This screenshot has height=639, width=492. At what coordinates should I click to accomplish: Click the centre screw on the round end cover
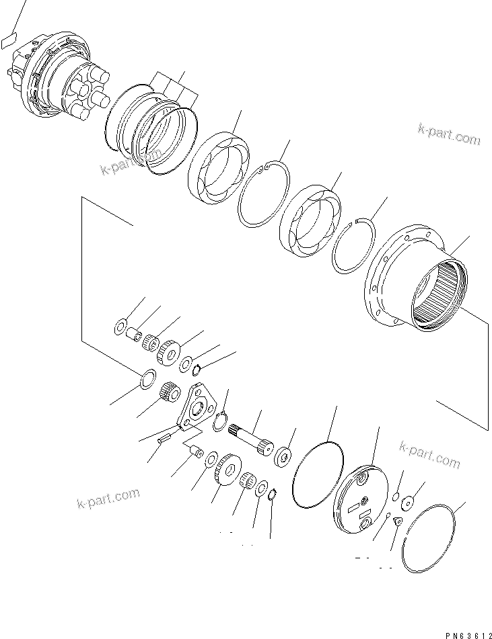tap(364, 499)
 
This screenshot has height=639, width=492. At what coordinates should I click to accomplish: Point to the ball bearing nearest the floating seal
tap(218, 169)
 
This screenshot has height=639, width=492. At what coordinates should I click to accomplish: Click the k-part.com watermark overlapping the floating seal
tap(132, 161)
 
